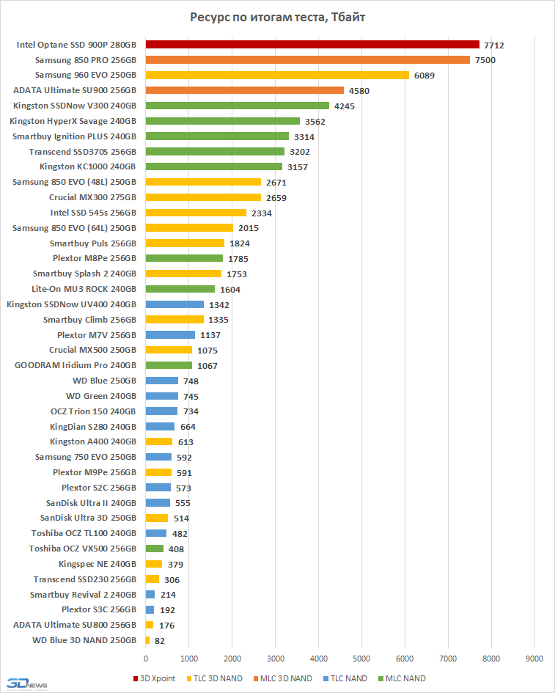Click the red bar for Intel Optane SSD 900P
pyautogui.click(x=312, y=45)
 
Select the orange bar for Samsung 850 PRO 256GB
pyautogui.click(x=308, y=60)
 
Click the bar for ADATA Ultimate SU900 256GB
pyautogui.click(x=245, y=90)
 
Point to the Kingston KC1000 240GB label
pyautogui.click(x=88, y=166)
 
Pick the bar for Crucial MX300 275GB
pyautogui.click(x=203, y=197)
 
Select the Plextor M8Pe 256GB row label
pyautogui.click(x=95, y=258)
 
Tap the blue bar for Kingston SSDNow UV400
pyautogui.click(x=174, y=304)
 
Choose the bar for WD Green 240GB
pyautogui.click(x=162, y=396)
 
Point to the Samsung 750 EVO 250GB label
pyautogui.click(x=85, y=457)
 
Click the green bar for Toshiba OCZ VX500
pyautogui.click(x=155, y=549)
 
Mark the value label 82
pyautogui.click(x=159, y=641)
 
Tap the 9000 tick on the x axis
pyautogui.click(x=534, y=657)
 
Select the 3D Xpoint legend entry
pyautogui.click(x=154, y=678)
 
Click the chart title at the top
pyautogui.click(x=277, y=17)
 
